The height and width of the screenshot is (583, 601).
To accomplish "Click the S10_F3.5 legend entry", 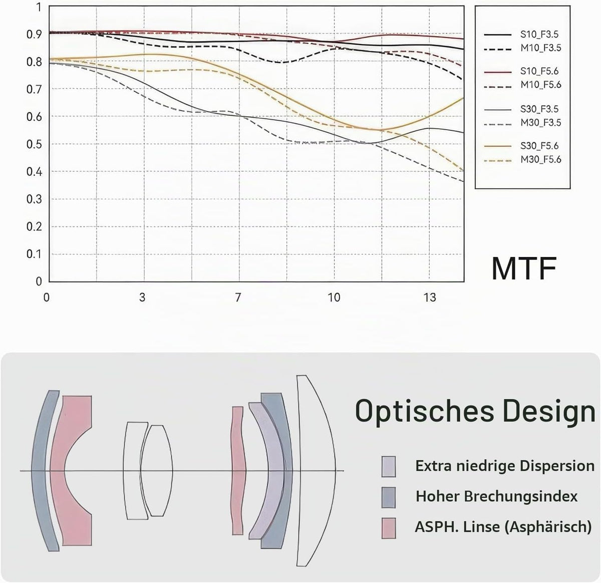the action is pos(539,35).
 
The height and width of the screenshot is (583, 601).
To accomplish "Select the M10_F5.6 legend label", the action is pos(540,85).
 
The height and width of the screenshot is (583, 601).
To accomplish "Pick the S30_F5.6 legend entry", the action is pos(539,146).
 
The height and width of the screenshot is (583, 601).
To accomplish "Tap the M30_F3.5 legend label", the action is pos(540,123).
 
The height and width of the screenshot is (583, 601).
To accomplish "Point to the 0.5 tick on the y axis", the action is pos(34,144).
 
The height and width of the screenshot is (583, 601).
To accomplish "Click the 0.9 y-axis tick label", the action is pos(34,34).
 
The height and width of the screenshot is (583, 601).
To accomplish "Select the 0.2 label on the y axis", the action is pos(34,227).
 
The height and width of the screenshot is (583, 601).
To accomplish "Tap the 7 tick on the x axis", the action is pos(237,298).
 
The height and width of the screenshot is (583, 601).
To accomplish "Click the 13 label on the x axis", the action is pos(430,298).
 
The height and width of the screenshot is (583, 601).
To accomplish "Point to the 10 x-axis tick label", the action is pos(334,298).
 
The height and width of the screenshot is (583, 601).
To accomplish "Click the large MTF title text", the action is pos(524,268).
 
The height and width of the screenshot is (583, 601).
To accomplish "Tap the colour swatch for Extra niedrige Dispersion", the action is pos(389,467).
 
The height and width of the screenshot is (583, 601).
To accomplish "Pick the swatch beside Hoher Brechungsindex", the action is pos(389,497).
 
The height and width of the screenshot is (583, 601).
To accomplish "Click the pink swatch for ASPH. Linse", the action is pos(389,528).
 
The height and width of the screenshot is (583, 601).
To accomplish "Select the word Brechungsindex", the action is pos(521,496).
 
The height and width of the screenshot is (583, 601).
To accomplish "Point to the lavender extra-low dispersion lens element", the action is pos(276,470).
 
